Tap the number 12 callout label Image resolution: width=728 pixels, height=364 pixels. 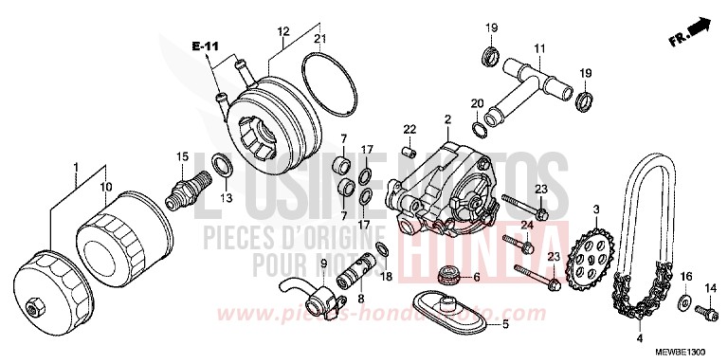pos(282,31)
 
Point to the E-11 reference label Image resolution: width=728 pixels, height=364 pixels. pos(202,45)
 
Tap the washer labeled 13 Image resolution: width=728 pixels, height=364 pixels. pos(220,167)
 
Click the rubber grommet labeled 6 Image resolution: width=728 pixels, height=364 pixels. pos(448,278)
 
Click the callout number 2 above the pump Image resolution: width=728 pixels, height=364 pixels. pos(446,118)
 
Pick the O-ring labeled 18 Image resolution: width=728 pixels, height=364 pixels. pos(380,248)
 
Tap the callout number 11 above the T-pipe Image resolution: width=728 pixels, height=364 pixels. pos(538,48)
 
